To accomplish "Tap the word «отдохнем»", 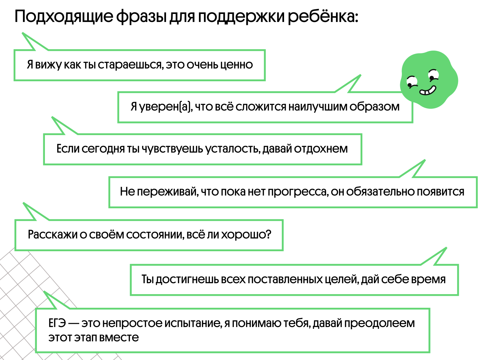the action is tap(321, 149).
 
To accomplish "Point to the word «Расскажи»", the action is tap(53, 235).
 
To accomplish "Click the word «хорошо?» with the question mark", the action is tap(246, 235).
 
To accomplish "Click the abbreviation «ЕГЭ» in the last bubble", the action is tap(57, 323).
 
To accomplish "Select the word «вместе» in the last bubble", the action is tap(119, 337).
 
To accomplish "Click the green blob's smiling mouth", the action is tap(428, 90).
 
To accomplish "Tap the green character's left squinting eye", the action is tap(411, 82).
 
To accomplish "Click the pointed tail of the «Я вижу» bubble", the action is tap(23, 33).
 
